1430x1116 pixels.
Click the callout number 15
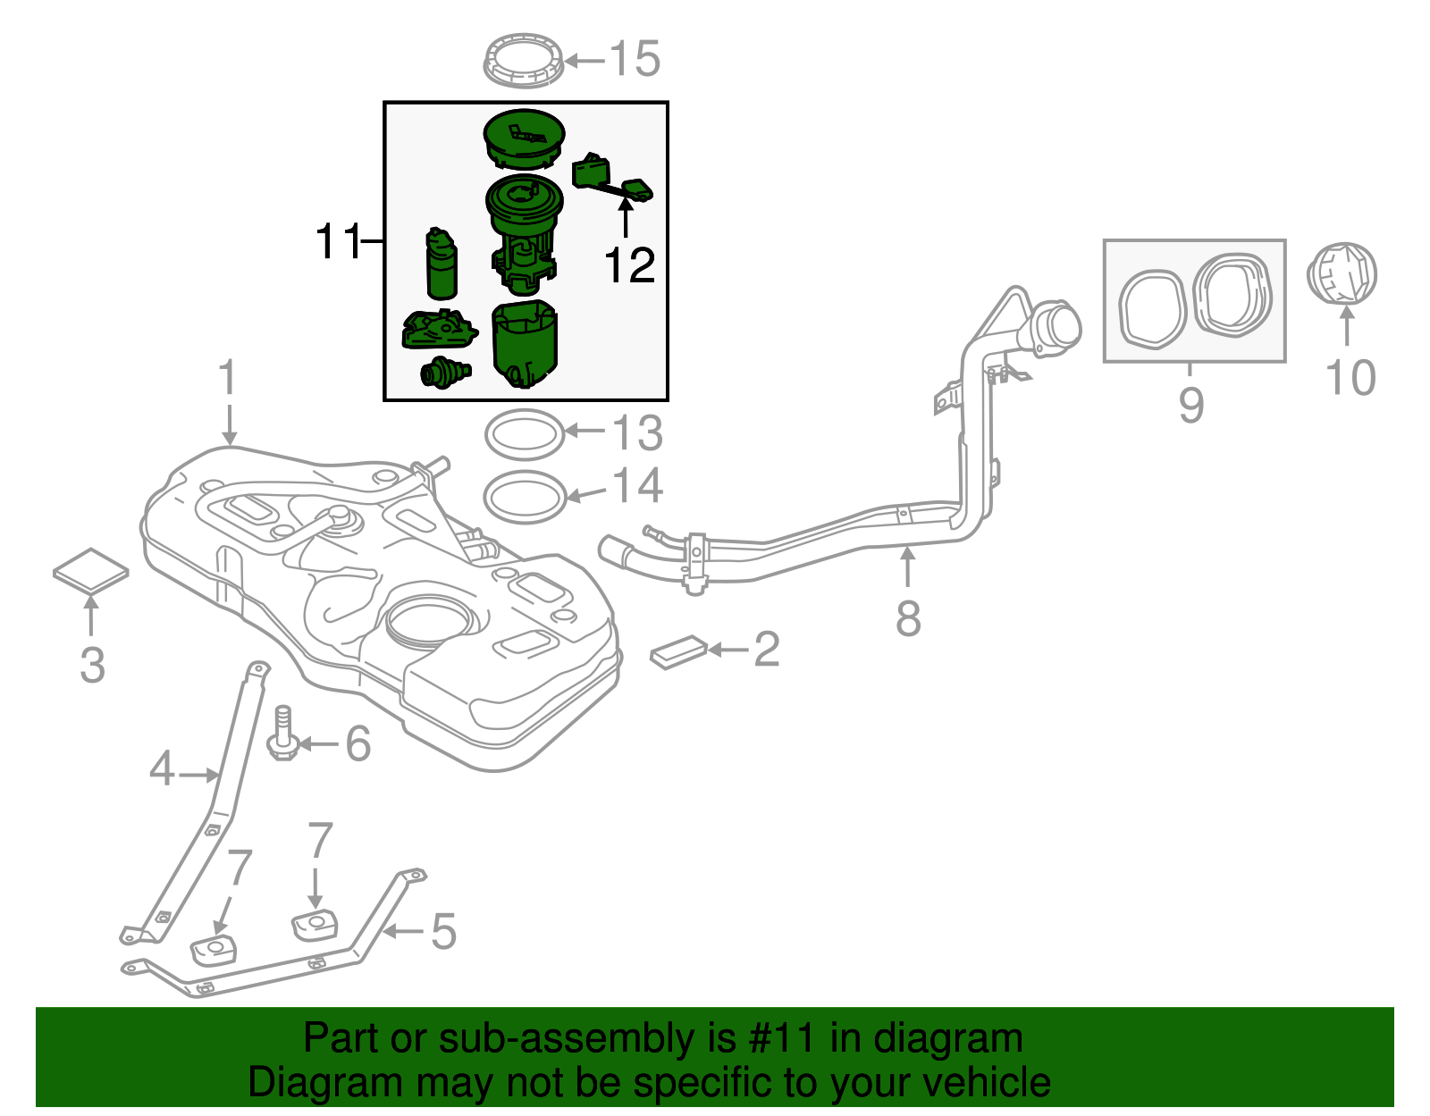click(635, 59)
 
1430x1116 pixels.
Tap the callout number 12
click(629, 265)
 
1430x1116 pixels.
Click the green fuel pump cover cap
click(524, 137)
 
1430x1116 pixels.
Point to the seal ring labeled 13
click(525, 434)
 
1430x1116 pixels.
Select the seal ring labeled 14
click(525, 496)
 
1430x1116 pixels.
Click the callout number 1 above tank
click(229, 377)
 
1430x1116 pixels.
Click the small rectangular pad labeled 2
click(678, 651)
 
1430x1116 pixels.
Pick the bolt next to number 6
click(281, 735)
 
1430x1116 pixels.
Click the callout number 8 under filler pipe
click(908, 618)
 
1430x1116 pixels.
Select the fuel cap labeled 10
click(1343, 273)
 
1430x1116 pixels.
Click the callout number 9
click(1190, 404)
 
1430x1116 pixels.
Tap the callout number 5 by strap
click(443, 931)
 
